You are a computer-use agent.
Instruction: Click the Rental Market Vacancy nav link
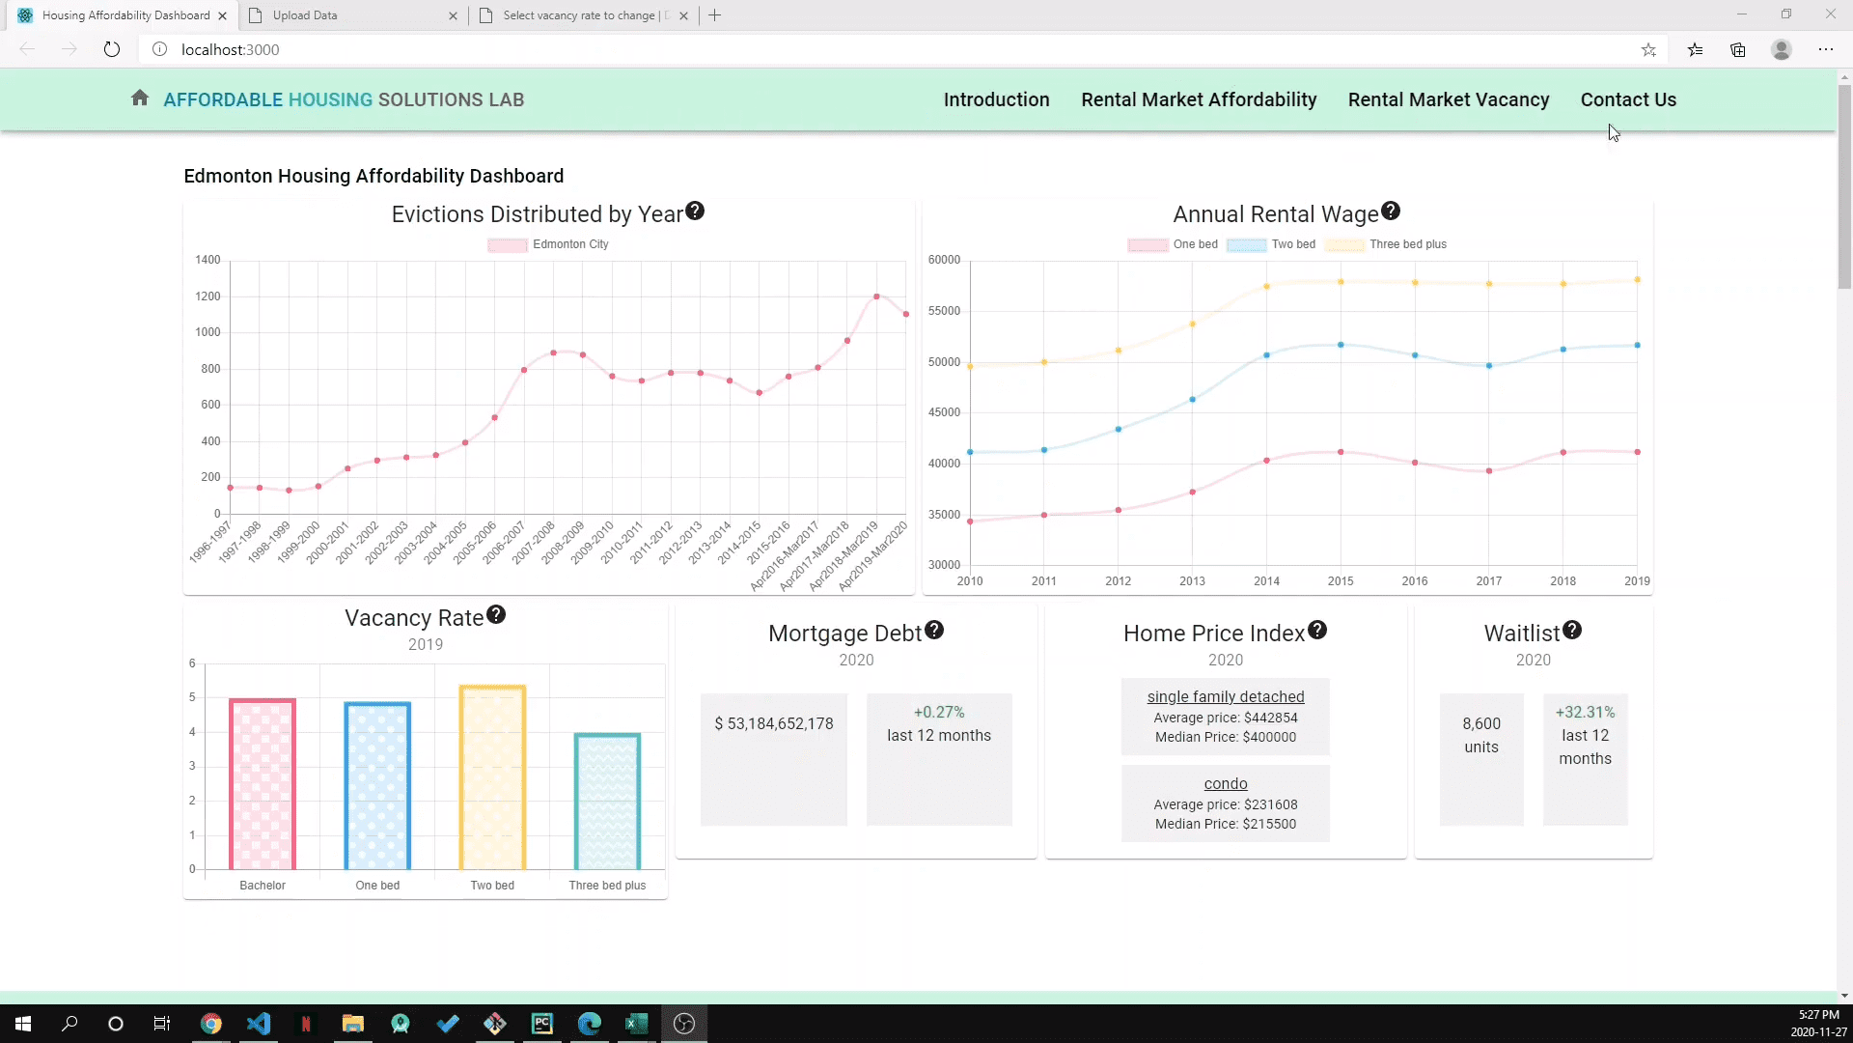click(x=1448, y=99)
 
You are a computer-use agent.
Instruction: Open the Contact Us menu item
click(x=1628, y=99)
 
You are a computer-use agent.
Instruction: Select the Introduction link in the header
click(x=996, y=99)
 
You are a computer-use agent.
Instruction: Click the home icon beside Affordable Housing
click(x=140, y=99)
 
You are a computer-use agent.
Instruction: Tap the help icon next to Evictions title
click(x=695, y=211)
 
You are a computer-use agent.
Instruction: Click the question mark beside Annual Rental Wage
click(x=1391, y=211)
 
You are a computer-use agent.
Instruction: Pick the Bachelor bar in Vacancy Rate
click(x=263, y=783)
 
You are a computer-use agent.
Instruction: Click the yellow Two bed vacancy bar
click(x=492, y=777)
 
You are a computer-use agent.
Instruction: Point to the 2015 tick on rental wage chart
click(x=1341, y=581)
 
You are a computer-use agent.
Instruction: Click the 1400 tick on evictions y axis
click(x=207, y=260)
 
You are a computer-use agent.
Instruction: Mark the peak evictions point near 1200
click(x=876, y=296)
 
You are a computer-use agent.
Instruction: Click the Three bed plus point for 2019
click(x=1637, y=280)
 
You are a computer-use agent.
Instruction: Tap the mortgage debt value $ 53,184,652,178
click(x=774, y=724)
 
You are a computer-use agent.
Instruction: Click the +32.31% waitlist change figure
click(x=1585, y=713)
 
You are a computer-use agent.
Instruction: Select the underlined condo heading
click(x=1226, y=784)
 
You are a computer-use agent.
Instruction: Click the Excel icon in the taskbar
click(x=637, y=1024)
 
